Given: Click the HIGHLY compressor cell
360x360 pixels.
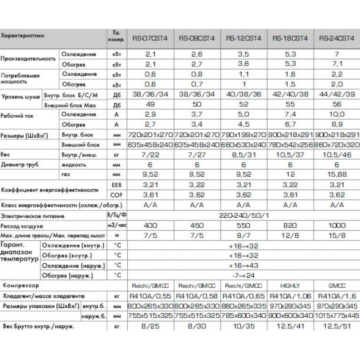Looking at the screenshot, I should pyautogui.click(x=286, y=285).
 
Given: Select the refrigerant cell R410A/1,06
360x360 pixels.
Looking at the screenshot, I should pyautogui.click(x=286, y=296).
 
